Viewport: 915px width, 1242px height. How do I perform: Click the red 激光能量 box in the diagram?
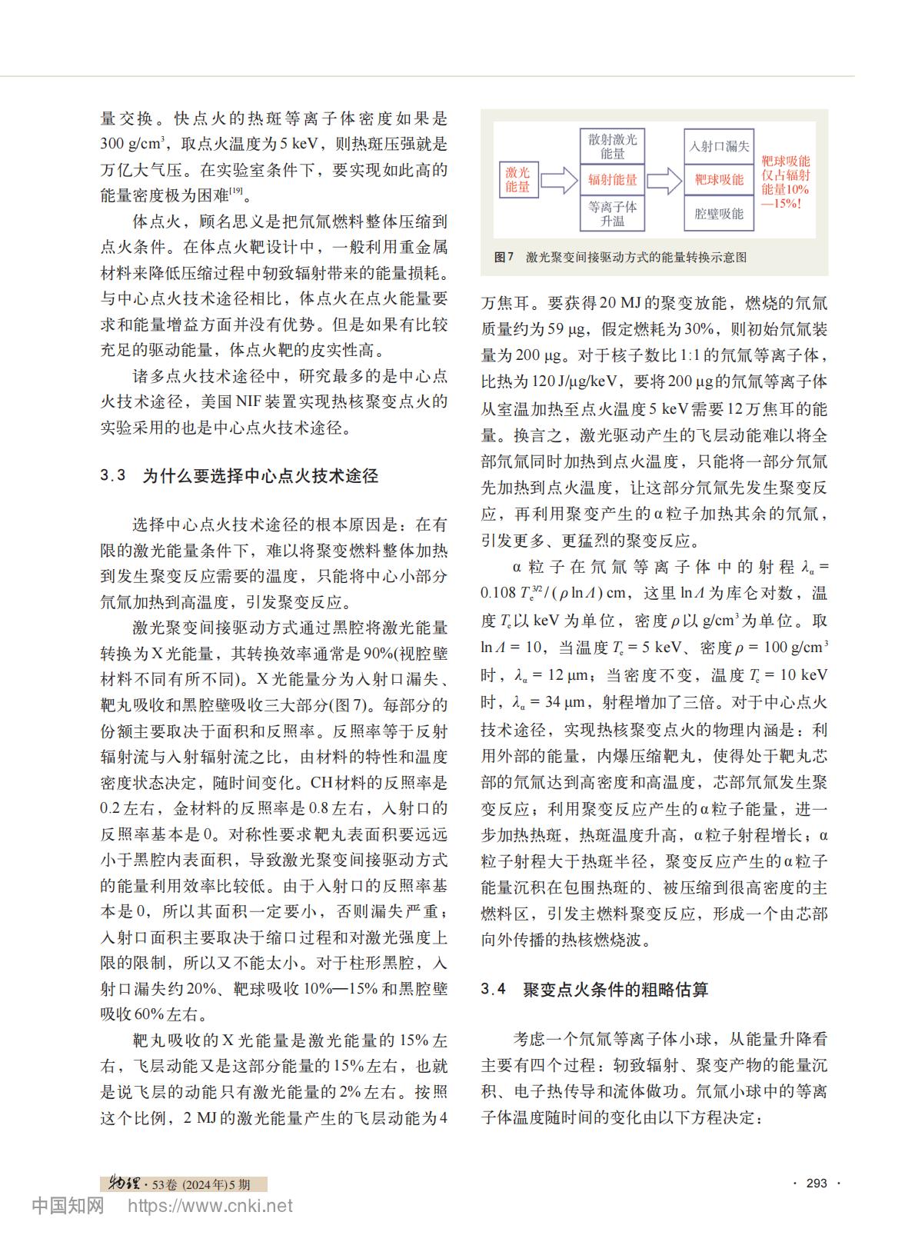pos(517,180)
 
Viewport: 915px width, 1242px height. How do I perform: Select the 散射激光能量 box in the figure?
pos(613,146)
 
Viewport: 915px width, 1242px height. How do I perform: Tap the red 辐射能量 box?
pos(613,180)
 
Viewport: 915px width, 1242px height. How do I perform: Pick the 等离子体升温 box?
pos(613,214)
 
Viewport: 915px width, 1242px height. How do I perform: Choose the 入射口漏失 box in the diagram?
pos(719,146)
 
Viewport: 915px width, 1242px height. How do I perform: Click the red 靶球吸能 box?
pos(719,180)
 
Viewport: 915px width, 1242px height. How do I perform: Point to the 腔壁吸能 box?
pos(719,214)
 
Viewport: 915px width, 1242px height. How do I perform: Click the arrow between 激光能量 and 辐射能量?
pos(559,180)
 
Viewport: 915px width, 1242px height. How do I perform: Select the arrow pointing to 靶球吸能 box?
pos(665,180)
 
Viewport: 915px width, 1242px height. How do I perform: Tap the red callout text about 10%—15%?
pos(785,182)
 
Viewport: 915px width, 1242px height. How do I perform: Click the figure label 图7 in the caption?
pos(504,257)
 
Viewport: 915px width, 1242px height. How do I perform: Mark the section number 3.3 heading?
pos(113,476)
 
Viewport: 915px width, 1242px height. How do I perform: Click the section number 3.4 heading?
pos(494,990)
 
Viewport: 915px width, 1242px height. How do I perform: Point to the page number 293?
pos(817,1183)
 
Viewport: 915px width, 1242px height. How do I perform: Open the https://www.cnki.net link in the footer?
pos(210,1206)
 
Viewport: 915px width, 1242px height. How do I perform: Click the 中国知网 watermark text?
pos(68,1206)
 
